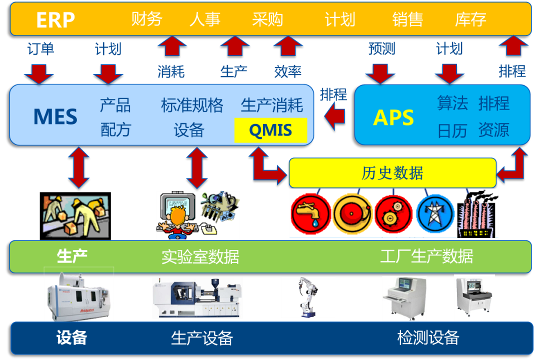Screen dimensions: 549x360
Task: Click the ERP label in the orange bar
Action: (55, 20)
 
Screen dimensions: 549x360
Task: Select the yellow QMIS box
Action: (270, 130)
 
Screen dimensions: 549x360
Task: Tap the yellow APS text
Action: (393, 117)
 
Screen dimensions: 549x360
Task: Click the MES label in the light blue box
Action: (55, 116)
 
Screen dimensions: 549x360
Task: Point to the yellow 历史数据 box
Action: (392, 173)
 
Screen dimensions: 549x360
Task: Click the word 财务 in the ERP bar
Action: (146, 19)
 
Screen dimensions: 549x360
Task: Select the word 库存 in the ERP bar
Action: (470, 19)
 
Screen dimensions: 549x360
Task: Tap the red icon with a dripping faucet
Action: (310, 213)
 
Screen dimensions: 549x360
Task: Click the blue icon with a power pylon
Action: (435, 213)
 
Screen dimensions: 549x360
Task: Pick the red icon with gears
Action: (393, 213)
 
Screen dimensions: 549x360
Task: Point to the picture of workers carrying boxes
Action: (75, 215)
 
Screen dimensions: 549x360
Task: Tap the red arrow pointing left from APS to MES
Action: (334, 117)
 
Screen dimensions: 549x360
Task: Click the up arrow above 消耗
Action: (172, 46)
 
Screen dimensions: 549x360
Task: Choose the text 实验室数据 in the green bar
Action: (200, 256)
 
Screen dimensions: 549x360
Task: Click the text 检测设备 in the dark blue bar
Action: (428, 338)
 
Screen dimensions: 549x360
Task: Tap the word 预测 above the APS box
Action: (381, 48)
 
